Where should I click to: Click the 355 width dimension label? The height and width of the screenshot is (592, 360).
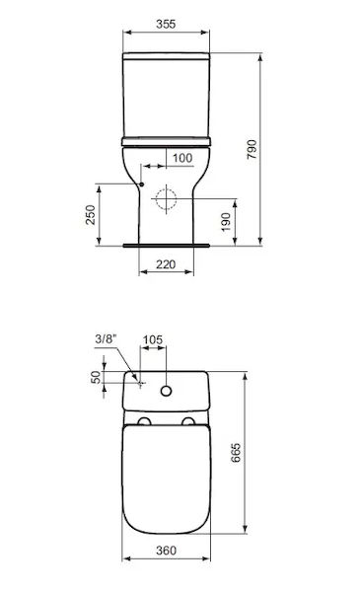166,24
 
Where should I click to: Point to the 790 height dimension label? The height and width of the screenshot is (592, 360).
252,149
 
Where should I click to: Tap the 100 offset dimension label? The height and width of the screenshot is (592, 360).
182,158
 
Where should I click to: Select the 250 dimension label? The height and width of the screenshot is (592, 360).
91,214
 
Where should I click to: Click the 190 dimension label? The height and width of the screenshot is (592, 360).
226,222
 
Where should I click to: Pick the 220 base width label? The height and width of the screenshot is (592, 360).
166,264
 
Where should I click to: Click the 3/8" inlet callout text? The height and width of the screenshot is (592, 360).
106,338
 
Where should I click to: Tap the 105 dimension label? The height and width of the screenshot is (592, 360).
153,339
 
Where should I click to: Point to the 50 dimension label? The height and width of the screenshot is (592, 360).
96,377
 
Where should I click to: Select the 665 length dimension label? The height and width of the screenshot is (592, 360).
236,452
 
